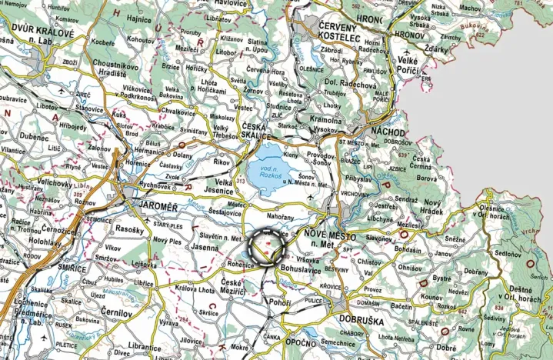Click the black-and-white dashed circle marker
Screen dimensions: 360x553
pos(268,248)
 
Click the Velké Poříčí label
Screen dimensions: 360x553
pos(412,65)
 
